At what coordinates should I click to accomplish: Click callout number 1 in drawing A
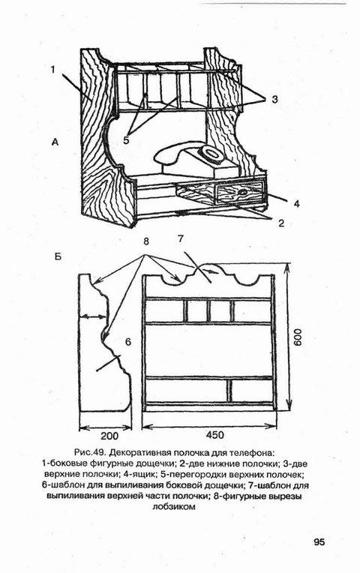[x=53, y=69]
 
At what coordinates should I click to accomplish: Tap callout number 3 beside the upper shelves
[x=274, y=99]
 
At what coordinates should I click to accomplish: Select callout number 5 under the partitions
[x=126, y=140]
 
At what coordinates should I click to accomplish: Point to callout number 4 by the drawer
[x=296, y=203]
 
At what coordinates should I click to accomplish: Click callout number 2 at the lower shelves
[x=281, y=223]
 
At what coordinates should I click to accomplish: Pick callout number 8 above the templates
[x=146, y=241]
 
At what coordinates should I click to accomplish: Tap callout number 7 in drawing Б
[x=181, y=239]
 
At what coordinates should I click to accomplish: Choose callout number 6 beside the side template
[x=127, y=342]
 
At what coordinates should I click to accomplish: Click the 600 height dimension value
[x=298, y=337]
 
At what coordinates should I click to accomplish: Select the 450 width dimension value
[x=214, y=435]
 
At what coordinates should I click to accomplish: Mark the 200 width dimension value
[x=109, y=436]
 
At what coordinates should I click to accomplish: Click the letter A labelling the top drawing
[x=55, y=142]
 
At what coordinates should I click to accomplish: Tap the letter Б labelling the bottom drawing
[x=58, y=256]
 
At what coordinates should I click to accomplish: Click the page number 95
[x=319, y=541]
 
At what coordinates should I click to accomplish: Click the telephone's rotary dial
[x=211, y=152]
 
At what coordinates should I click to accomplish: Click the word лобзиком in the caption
[x=173, y=507]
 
